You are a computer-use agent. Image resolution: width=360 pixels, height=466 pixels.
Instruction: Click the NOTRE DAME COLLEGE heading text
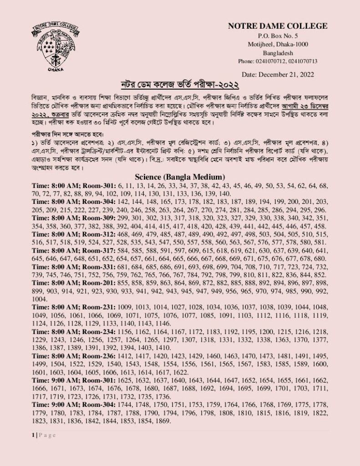click(x=278, y=26)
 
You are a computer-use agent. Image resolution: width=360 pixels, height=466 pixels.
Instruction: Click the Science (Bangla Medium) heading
click(x=180, y=177)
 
